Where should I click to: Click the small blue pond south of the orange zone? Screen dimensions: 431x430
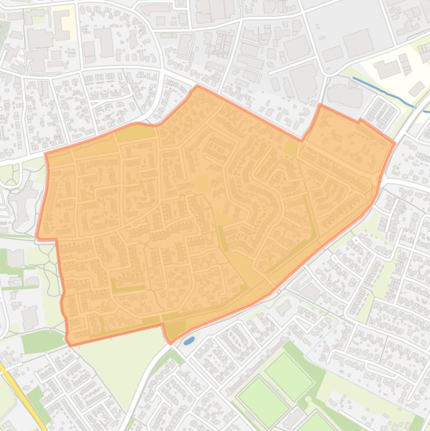click(x=188, y=340)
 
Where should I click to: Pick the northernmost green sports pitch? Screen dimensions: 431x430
click(x=289, y=377)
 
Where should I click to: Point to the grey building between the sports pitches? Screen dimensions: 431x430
click(x=290, y=417)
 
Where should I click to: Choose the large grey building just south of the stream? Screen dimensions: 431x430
click(x=344, y=95)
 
